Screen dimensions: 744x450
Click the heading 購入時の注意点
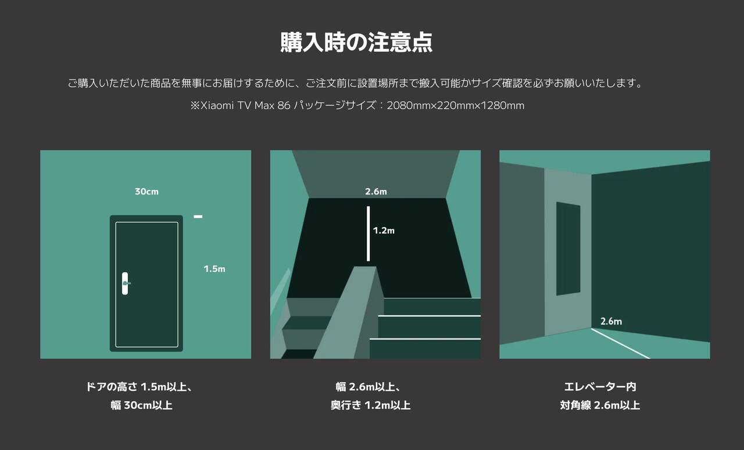356,42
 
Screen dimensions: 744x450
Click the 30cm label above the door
146,192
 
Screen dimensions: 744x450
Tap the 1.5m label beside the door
214,269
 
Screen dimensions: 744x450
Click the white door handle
125,283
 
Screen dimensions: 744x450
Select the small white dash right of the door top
198,217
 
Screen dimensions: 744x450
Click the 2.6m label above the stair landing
376,192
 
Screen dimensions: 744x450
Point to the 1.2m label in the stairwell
384,231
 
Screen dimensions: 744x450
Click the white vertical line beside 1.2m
369,233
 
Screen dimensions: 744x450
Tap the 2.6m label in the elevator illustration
611,321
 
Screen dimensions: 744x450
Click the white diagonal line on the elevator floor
620,344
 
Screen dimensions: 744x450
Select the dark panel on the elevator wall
568,249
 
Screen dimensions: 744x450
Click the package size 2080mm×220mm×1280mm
455,106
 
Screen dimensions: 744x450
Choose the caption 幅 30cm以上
141,405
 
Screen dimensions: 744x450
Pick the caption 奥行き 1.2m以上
371,405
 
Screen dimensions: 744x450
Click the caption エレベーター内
600,387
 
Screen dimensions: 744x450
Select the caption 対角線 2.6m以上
600,405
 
